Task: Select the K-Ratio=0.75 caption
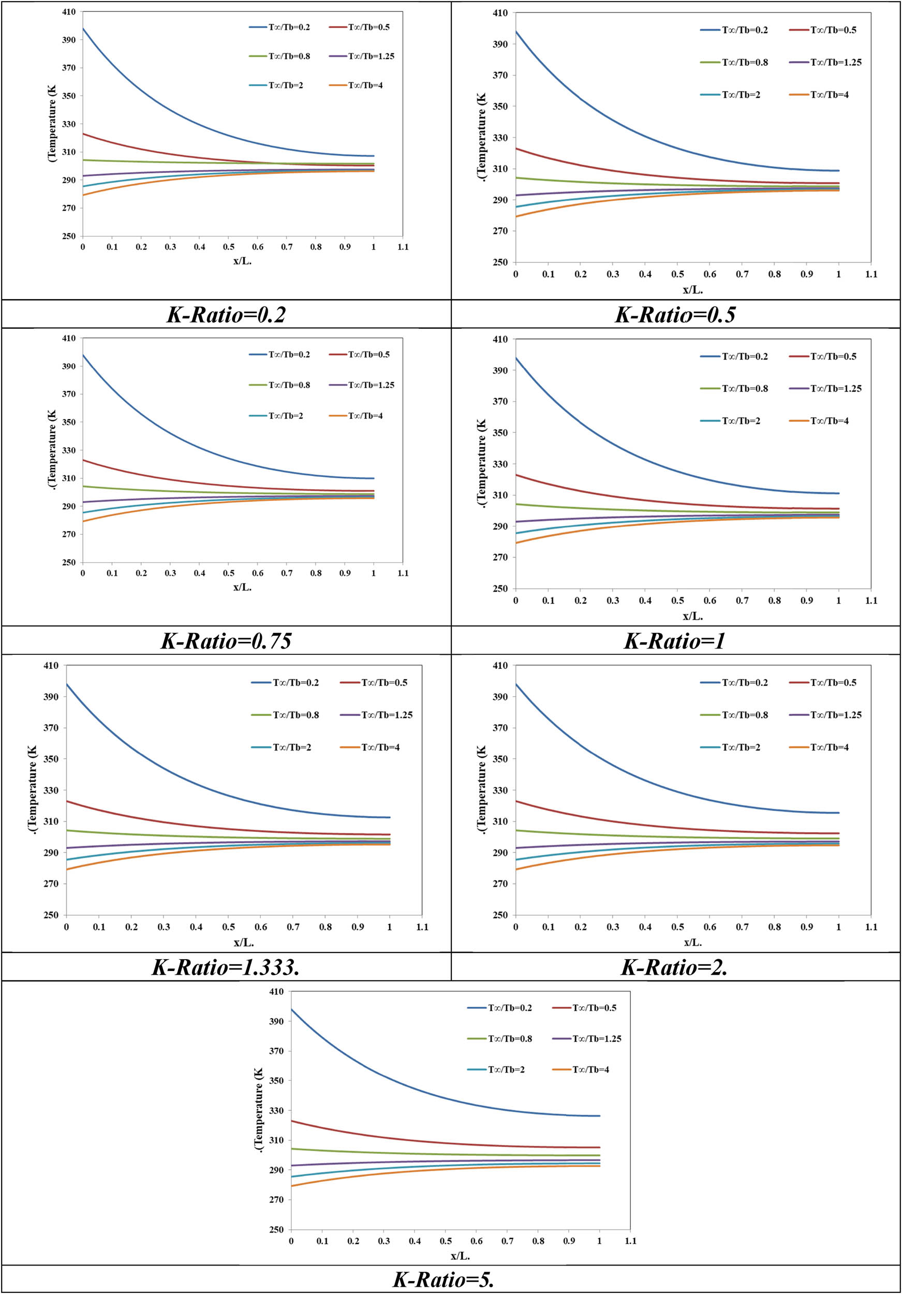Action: [x=226, y=641]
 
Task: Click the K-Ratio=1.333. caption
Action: [x=226, y=967]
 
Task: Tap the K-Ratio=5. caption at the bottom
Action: [x=443, y=1280]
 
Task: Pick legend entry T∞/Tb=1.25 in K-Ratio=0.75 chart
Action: [x=371, y=385]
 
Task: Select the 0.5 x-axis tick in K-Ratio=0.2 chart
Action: [x=228, y=247]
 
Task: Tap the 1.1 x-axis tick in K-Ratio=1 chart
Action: [x=871, y=601]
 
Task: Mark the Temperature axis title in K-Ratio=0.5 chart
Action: [x=481, y=137]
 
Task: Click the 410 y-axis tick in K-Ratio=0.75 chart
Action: [x=69, y=338]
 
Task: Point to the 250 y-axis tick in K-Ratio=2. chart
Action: [x=500, y=915]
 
